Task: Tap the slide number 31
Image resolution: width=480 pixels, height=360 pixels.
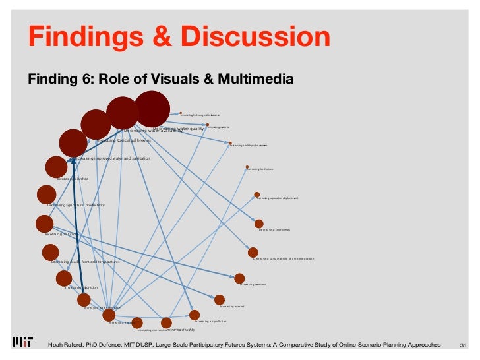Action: pos(462,345)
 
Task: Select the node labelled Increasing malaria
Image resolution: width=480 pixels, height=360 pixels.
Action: pos(208,125)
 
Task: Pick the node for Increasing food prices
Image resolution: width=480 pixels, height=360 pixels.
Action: pos(247,167)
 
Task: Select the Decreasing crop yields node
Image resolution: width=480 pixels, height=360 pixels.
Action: pos(259,224)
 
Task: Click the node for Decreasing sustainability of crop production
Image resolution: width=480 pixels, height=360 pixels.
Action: pos(253,252)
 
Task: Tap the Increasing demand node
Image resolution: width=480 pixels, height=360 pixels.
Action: pos(239,278)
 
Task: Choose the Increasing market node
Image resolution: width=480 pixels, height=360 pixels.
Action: pos(220,299)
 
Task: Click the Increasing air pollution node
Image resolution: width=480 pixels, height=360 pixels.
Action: pos(195,315)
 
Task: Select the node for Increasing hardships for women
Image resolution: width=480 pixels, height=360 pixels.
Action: pos(230,142)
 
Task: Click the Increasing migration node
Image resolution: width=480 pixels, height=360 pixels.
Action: pos(64,278)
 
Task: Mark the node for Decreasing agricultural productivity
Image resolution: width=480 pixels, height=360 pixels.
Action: pos(46,195)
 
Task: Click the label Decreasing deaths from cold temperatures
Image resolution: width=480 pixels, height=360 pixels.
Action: pos(86,262)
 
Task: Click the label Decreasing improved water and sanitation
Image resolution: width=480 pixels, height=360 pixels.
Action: pos(111,158)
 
